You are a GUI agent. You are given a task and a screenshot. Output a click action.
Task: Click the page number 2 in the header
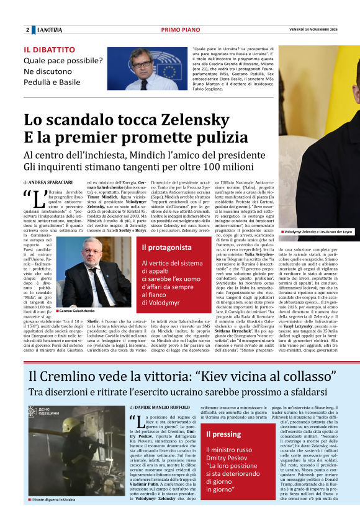[27, 30]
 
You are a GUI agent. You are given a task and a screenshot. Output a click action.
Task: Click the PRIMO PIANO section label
[179, 30]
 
